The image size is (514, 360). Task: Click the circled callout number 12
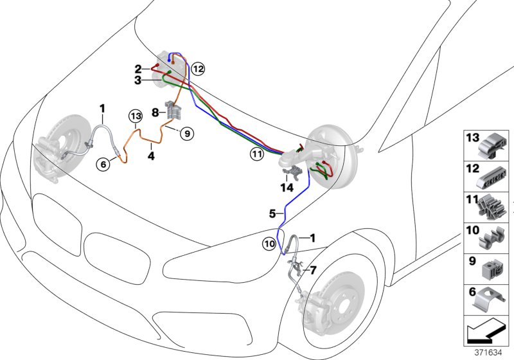pos(198,67)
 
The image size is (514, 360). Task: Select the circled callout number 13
pos(134,116)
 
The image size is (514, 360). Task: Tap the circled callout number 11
pos(257,154)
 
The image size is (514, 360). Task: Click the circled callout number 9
pos(186,134)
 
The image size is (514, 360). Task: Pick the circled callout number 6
pos(102,164)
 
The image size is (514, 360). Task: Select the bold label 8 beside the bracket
pos(155,112)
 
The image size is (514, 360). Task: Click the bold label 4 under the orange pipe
pos(150,155)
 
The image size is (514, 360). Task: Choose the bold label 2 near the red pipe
pos(138,68)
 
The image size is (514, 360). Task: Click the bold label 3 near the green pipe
pos(138,80)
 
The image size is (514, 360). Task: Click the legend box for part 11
pos(486,206)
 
